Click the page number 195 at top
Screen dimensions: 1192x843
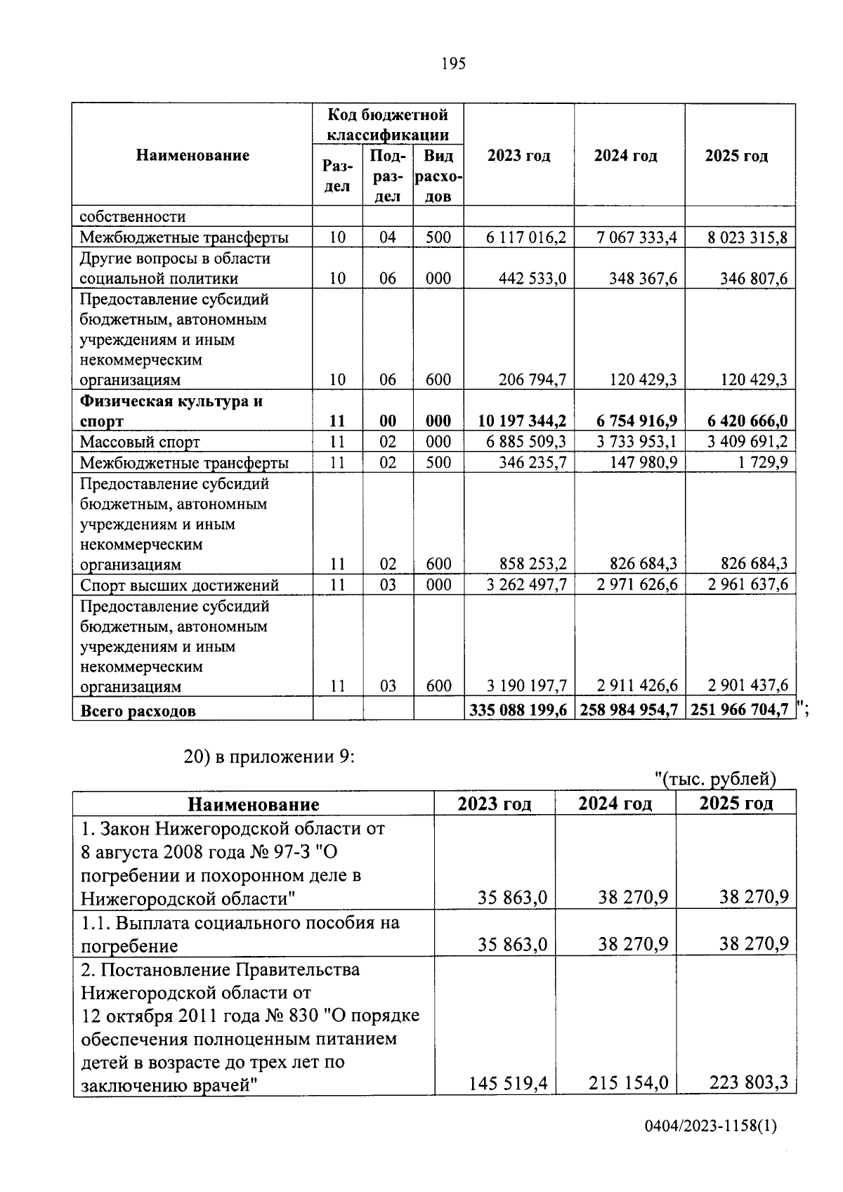pos(453,64)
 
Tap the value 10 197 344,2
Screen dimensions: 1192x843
pos(522,421)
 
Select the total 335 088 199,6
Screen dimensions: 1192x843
pos(518,710)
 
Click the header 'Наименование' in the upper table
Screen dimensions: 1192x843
pos(192,155)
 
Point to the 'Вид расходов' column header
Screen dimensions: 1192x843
pos(438,176)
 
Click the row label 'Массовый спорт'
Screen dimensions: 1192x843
pos(140,443)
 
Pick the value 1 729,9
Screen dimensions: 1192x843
pos(764,462)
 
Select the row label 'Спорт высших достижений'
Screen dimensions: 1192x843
pos(179,585)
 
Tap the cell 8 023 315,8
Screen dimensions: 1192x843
pos(747,237)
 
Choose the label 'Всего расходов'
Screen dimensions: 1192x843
pos(138,711)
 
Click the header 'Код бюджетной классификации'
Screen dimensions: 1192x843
pos(388,124)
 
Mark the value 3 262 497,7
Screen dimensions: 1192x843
pos(526,585)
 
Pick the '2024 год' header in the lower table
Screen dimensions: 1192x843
pos(615,804)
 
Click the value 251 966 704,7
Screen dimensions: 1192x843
pos(740,710)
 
